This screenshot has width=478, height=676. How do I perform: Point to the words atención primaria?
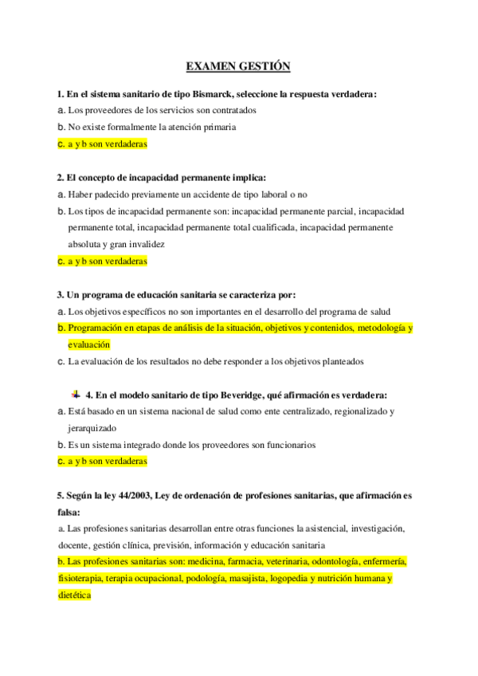click(206, 127)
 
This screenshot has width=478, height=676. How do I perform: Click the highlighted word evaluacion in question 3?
click(88, 344)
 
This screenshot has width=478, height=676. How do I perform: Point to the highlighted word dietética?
click(75, 595)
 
